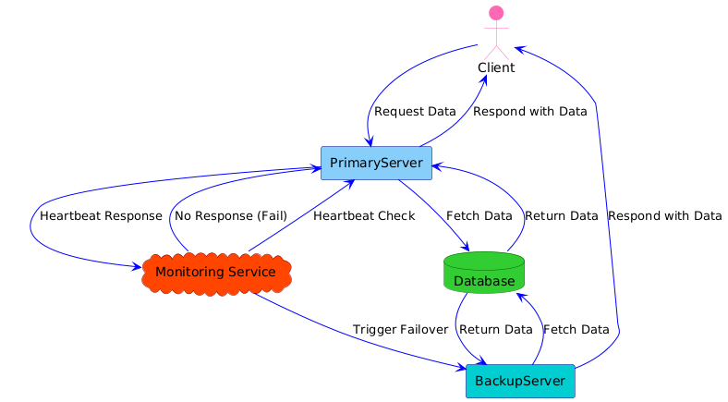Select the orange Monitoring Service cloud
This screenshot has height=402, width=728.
pos(215,272)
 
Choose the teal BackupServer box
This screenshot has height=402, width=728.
pos(520,381)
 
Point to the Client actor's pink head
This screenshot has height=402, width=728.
pos(496,14)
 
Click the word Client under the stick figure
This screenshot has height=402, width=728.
pos(496,68)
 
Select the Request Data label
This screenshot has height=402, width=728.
pos(415,112)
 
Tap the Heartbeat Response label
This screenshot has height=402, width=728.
pos(101,216)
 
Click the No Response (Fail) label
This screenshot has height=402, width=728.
pos(230,216)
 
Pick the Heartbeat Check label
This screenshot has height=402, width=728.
pos(363,216)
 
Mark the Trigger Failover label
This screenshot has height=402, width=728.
pos(400,330)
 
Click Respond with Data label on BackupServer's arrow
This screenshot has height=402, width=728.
pos(664,216)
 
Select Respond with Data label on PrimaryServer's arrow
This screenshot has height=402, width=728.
pos(529,112)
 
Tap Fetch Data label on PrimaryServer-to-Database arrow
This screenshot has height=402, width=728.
pos(479,216)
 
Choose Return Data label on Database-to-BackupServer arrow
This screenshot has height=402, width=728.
pos(495,330)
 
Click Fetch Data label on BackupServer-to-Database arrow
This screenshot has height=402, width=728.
pos(576,330)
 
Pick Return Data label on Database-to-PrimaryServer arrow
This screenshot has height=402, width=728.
pos(561,216)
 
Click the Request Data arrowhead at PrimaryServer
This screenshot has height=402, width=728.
pos(370,141)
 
